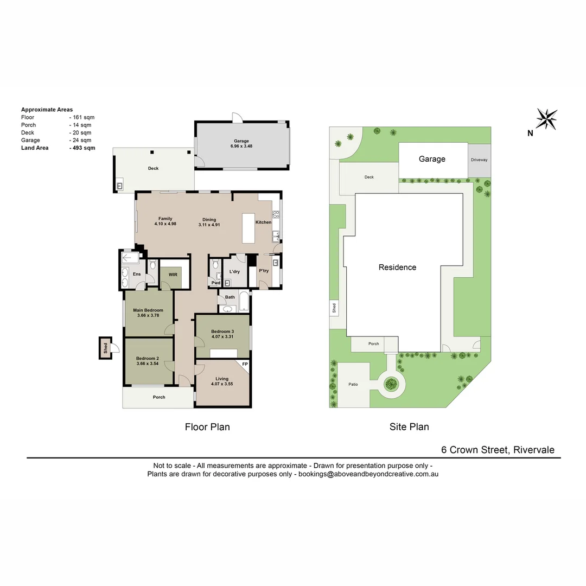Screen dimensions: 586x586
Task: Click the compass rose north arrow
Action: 546,119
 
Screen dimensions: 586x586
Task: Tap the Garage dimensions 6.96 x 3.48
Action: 241,146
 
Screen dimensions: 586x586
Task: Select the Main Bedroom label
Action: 148,310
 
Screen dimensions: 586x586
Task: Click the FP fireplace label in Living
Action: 245,364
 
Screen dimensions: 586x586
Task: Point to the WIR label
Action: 173,275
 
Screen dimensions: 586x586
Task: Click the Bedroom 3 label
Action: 222,332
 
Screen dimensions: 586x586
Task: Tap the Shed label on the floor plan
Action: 105,347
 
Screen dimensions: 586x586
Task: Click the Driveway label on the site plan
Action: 479,160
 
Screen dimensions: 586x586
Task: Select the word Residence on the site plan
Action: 397,267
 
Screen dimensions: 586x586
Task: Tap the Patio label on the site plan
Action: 353,385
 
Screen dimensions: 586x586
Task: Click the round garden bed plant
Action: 390,385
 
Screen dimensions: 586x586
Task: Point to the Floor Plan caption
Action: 207,427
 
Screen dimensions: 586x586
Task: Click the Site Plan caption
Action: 409,427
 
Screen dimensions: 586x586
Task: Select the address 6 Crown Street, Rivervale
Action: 498,450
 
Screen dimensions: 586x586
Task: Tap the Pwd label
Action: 216,283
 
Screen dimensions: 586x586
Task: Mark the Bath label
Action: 230,297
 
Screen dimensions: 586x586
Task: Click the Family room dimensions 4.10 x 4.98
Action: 165,224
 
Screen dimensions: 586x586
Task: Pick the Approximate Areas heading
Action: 47,110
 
